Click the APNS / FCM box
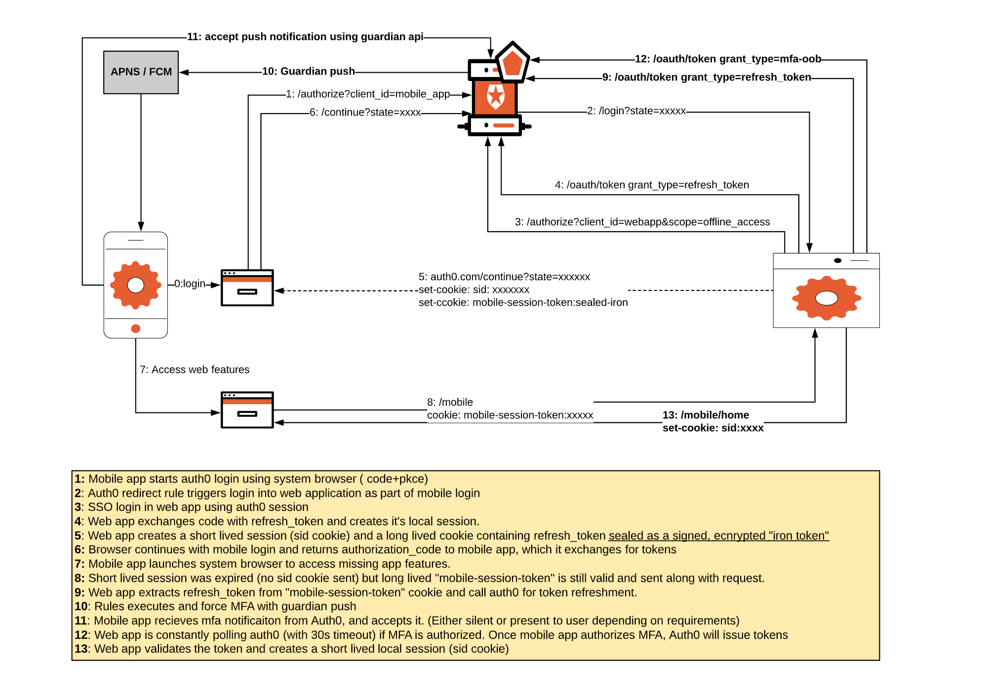(141, 72)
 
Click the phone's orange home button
(135, 328)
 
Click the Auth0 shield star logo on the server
(495, 96)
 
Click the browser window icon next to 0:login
(247, 288)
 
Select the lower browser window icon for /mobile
(247, 410)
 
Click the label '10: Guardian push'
(308, 71)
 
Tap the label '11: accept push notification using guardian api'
(305, 37)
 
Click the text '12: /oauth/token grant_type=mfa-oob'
(727, 59)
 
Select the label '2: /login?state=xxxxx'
(636, 111)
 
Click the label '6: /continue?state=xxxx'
(365, 112)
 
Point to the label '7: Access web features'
(195, 370)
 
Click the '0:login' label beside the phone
(190, 284)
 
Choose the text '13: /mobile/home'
(706, 415)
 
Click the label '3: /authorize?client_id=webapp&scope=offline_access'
(642, 222)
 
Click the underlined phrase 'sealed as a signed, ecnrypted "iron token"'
(718, 535)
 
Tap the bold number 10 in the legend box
(81, 606)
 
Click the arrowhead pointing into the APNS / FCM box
(184, 72)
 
